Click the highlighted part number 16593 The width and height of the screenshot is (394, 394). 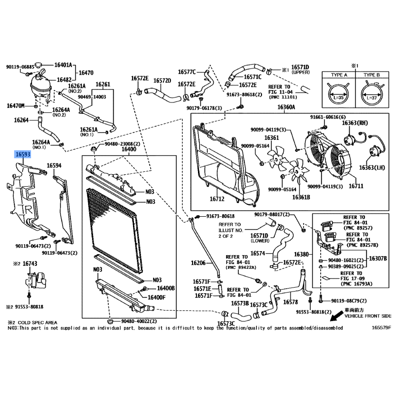click(23, 155)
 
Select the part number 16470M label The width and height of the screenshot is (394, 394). click(16, 105)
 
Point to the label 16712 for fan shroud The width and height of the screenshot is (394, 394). click(217, 199)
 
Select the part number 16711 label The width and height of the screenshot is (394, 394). click(356, 186)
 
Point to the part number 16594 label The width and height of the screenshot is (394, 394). click(54, 166)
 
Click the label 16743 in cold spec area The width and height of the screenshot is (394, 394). click(30, 264)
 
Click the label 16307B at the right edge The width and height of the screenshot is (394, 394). click(378, 258)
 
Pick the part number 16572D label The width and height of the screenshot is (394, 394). click(162, 80)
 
